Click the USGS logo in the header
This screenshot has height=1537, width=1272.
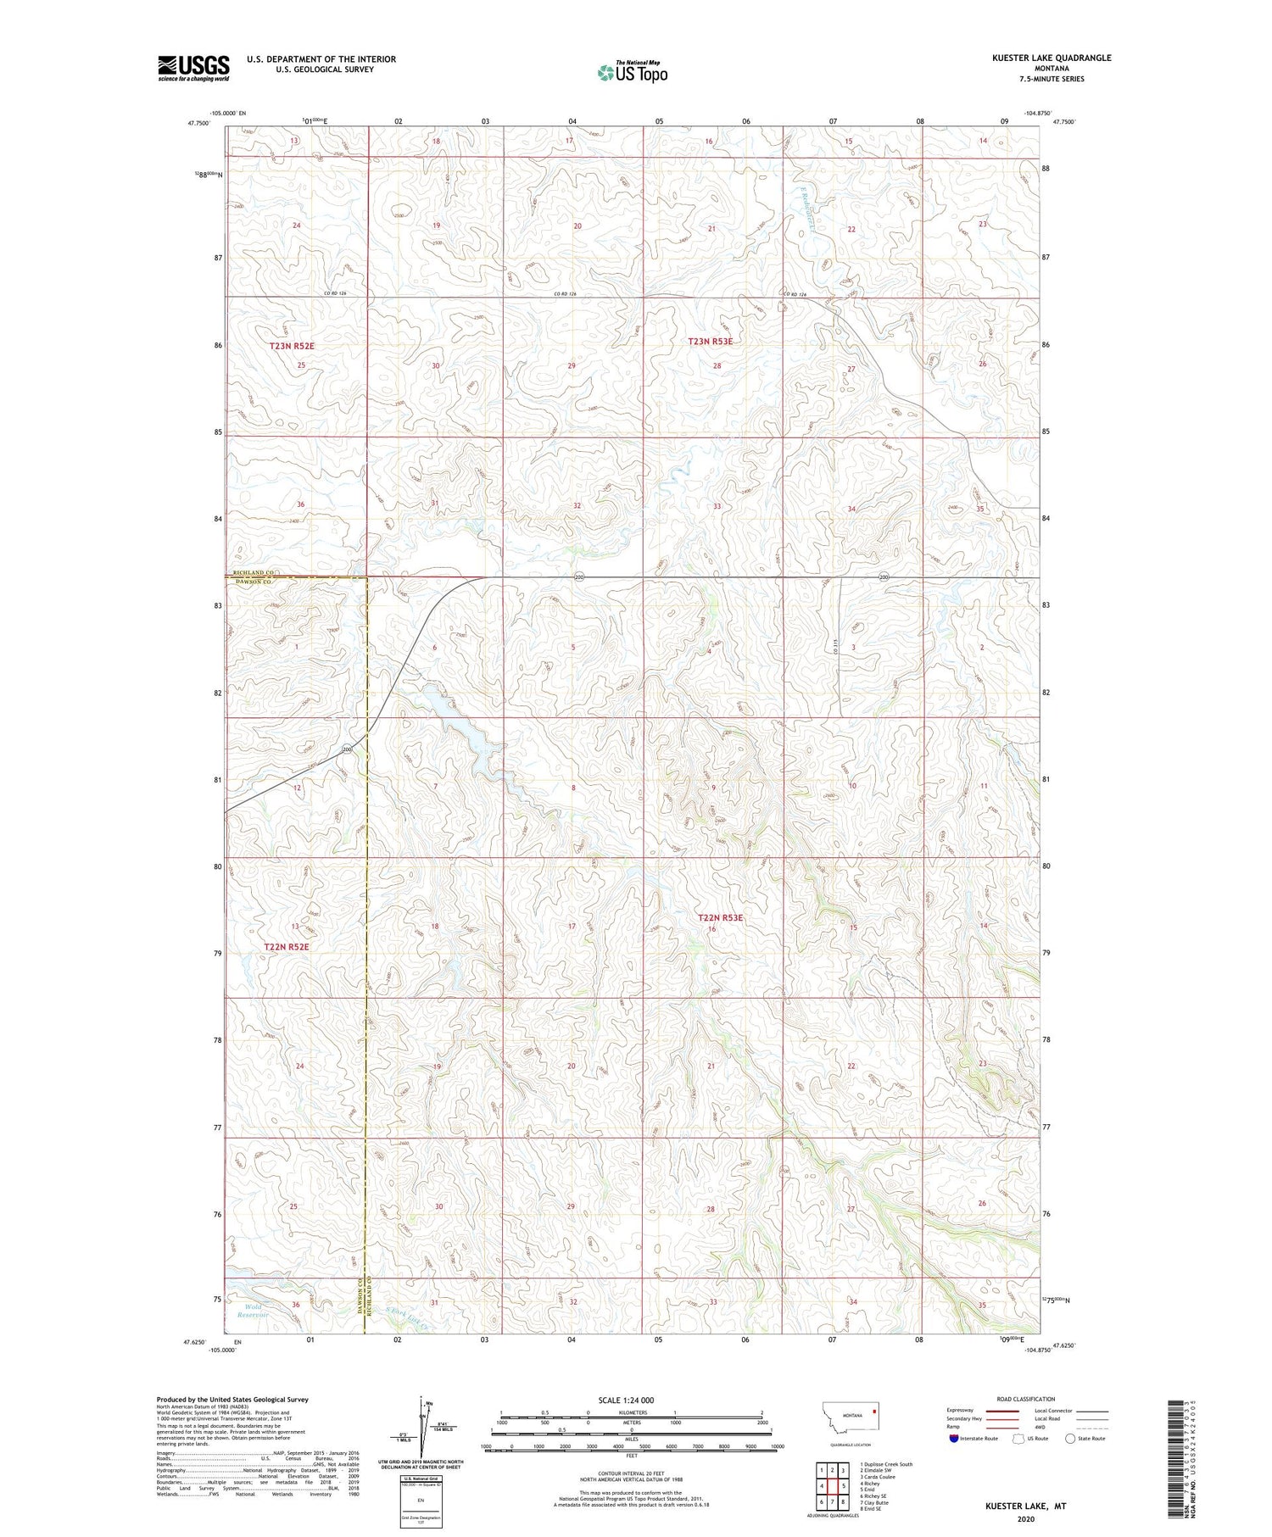coord(193,68)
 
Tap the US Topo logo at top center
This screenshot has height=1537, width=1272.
coord(632,73)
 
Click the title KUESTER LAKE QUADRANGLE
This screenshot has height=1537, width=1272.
coord(1051,58)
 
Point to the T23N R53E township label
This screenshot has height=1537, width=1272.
coord(710,341)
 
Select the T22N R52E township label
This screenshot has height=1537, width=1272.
coord(287,946)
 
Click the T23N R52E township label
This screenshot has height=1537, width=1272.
coord(291,346)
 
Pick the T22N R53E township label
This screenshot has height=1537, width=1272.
coord(720,917)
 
